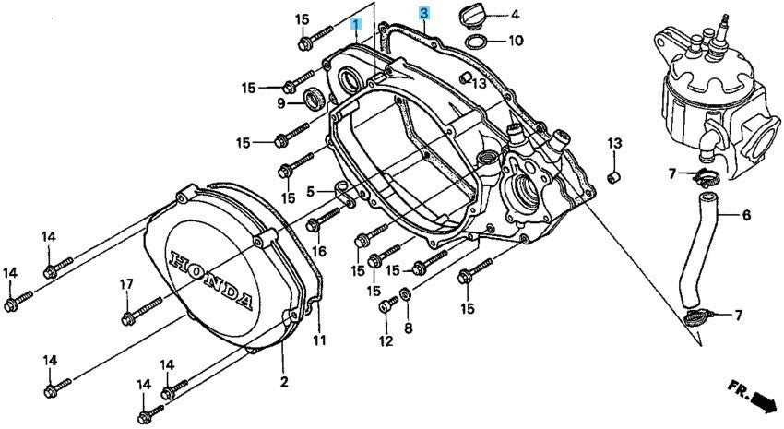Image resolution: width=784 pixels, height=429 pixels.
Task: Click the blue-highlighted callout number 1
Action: click(355, 23)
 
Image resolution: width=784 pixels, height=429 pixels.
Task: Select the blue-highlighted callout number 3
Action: click(424, 13)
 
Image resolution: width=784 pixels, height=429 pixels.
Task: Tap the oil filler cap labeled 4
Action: click(470, 15)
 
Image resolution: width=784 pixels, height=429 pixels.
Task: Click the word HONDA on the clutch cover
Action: click(211, 278)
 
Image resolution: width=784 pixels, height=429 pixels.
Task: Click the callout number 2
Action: click(284, 383)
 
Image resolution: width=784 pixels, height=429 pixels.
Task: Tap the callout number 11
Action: click(319, 340)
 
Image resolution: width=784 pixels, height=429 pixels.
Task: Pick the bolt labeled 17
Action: click(142, 310)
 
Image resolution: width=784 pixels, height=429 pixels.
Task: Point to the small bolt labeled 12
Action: click(388, 304)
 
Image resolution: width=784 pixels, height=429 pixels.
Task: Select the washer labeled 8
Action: click(406, 295)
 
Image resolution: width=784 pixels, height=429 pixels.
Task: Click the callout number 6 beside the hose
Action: click(746, 215)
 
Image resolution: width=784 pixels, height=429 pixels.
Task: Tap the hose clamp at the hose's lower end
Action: click(697, 317)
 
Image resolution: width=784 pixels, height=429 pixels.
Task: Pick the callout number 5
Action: click(311, 191)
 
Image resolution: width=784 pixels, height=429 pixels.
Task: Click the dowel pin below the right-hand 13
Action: click(613, 177)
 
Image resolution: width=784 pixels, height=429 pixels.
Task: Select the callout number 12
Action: click(386, 341)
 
